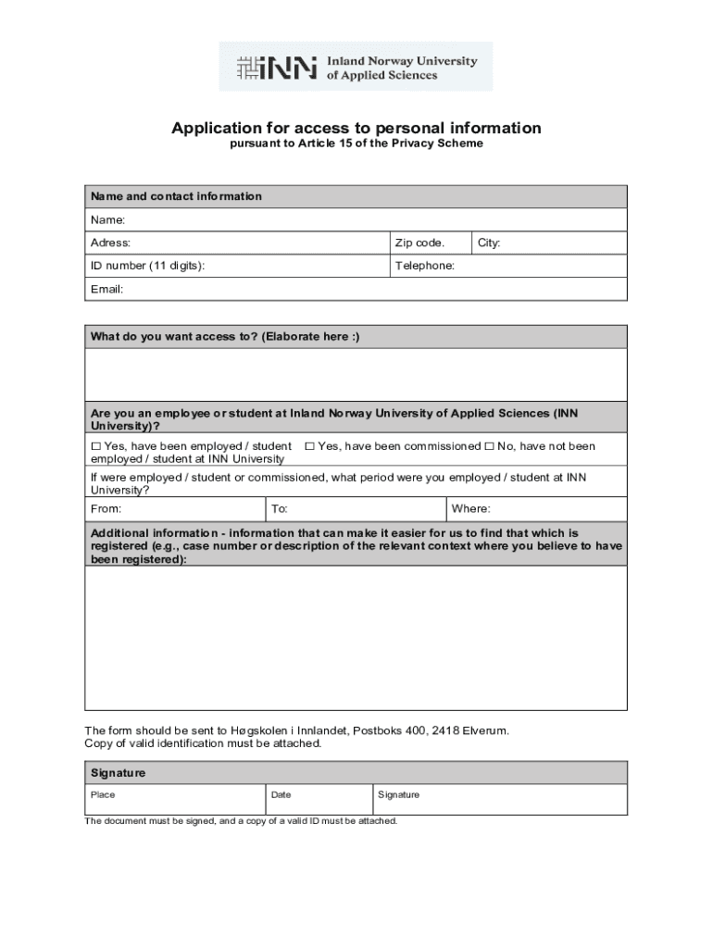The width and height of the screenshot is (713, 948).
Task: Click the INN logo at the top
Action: [356, 67]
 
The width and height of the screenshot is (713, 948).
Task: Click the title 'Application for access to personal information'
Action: [356, 128]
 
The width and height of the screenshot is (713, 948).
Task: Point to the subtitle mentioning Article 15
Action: [356, 144]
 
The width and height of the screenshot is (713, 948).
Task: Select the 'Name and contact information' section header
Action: [176, 196]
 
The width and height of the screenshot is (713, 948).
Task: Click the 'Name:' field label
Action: [107, 219]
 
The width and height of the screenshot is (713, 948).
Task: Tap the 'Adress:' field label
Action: [110, 243]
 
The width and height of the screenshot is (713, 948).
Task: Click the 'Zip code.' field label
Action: [419, 243]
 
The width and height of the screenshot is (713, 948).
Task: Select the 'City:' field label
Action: [489, 243]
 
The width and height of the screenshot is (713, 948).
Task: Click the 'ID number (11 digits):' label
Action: [147, 266]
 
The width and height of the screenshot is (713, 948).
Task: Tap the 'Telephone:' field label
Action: [425, 266]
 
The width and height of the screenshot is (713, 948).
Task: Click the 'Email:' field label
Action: [106, 289]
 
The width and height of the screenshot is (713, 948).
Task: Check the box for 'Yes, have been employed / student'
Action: [95, 446]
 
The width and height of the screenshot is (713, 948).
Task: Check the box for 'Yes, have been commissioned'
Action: [309, 446]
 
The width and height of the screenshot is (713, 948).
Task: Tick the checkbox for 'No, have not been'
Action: [489, 446]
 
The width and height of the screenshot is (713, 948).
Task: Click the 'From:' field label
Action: [106, 509]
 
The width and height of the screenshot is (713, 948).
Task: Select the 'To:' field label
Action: [280, 509]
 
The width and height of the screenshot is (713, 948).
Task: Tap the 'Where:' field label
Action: [470, 509]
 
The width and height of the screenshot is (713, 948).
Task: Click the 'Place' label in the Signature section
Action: [103, 794]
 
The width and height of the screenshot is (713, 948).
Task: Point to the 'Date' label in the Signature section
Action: [281, 794]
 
